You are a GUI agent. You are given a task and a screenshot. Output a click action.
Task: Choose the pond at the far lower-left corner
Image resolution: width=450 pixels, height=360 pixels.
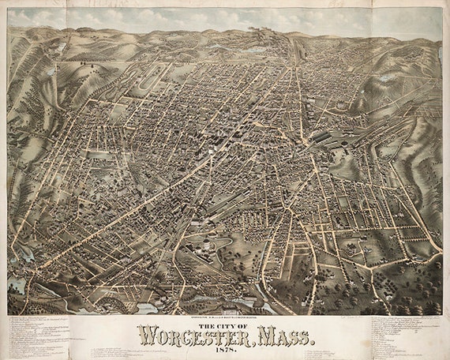pos(16,284)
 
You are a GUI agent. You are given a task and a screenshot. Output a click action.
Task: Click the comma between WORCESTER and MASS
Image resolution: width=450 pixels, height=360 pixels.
pos(253,341)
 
